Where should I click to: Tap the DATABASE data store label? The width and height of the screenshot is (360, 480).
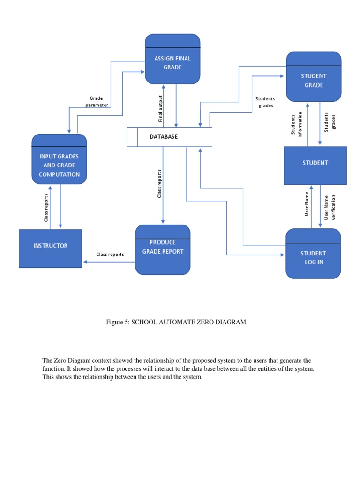click(x=164, y=136)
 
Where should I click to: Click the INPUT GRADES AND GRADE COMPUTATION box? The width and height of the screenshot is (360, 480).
click(x=59, y=165)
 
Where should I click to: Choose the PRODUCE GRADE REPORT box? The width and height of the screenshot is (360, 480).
click(x=163, y=249)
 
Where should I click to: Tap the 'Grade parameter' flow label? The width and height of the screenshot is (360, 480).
click(x=97, y=102)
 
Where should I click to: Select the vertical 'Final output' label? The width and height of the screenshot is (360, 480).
click(x=160, y=109)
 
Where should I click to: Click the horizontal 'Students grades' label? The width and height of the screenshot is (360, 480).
click(x=265, y=102)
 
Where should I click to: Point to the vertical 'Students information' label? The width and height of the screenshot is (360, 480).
click(x=296, y=125)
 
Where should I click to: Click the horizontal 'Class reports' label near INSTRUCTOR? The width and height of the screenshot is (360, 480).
click(x=110, y=254)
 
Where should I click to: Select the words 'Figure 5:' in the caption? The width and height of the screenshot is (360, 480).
click(x=119, y=322)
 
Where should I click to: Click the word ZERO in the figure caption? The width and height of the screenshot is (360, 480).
click(x=203, y=322)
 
